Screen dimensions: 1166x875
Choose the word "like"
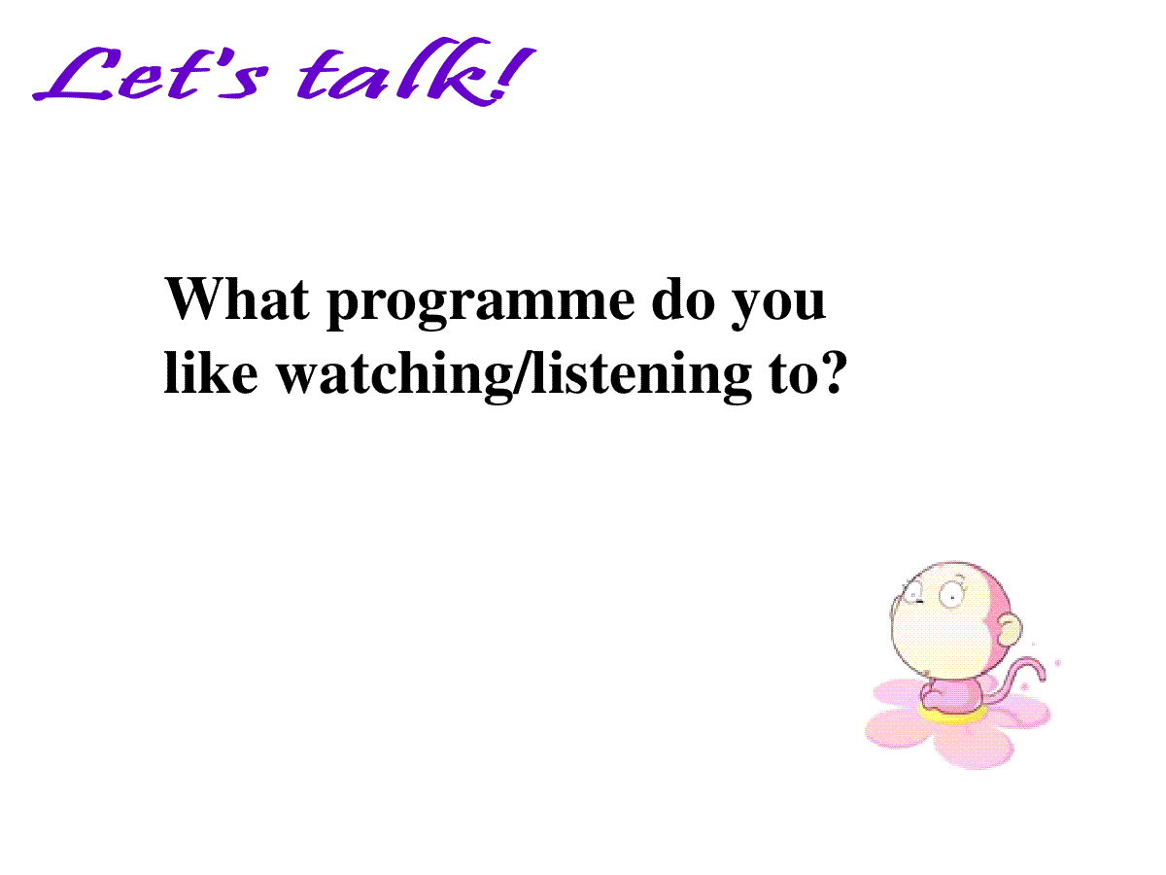pyautogui.click(x=211, y=372)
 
